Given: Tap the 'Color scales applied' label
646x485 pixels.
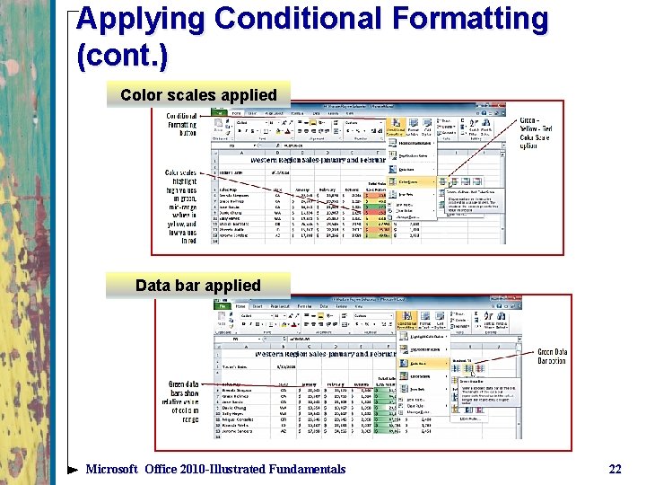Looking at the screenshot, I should [198, 95].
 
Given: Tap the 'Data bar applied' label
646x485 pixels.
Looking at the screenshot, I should [198, 286].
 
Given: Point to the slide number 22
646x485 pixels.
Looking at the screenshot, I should [615, 469].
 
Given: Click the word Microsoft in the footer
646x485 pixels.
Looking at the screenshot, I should [112, 469].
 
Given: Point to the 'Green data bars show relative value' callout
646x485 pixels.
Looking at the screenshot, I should [183, 401].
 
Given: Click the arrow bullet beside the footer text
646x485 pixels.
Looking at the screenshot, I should [73, 470].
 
